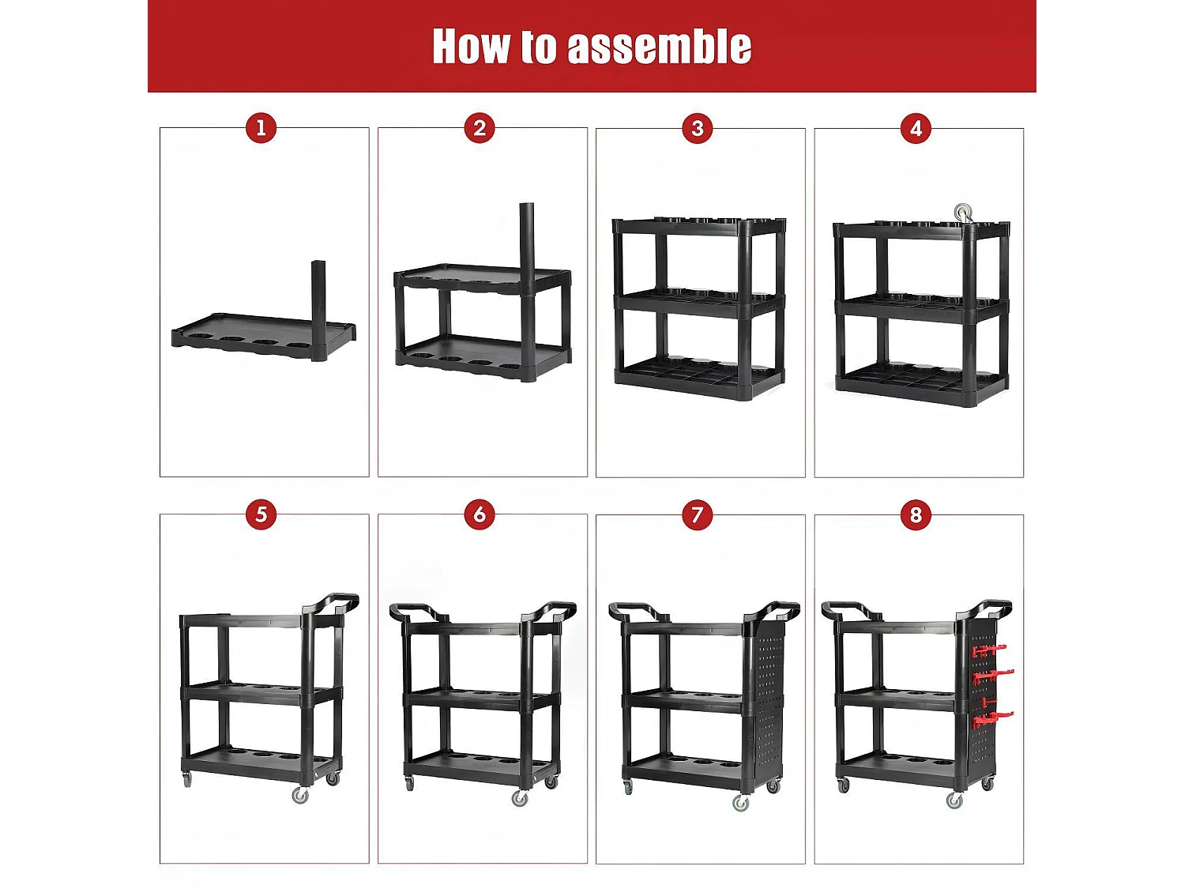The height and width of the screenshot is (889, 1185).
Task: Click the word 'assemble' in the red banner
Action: pos(659,47)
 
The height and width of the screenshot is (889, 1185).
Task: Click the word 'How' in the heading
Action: pos(471,47)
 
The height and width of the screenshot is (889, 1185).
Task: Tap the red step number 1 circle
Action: pos(261,129)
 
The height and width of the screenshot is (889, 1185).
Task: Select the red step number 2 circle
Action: pos(480,129)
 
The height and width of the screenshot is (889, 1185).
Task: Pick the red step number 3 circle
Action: pos(698,129)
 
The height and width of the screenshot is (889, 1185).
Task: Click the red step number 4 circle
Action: pos(916,129)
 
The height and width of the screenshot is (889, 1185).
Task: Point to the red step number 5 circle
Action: pos(261,514)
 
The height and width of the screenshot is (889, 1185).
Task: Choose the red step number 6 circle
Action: pos(480,514)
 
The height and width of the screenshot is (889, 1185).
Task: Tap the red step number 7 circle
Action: pos(698,514)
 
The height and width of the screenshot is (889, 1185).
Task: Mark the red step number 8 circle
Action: pos(916,514)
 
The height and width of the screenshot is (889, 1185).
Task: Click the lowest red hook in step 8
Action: pos(992,719)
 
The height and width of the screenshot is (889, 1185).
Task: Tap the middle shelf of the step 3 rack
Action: pos(700,303)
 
